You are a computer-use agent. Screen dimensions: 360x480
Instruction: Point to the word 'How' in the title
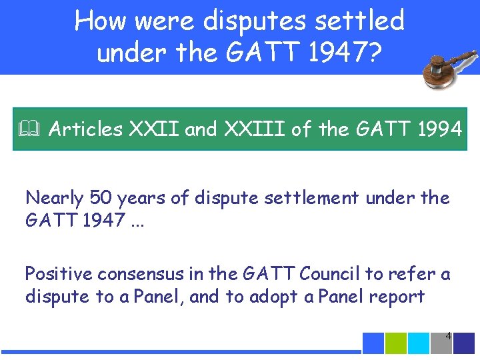click(x=100, y=21)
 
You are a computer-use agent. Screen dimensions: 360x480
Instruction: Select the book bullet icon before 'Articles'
click(x=30, y=129)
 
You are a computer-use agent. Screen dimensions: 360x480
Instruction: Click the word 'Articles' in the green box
click(x=85, y=129)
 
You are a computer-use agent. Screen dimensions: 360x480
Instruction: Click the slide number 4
click(x=448, y=336)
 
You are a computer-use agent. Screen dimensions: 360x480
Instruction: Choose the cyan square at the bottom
click(x=419, y=343)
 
